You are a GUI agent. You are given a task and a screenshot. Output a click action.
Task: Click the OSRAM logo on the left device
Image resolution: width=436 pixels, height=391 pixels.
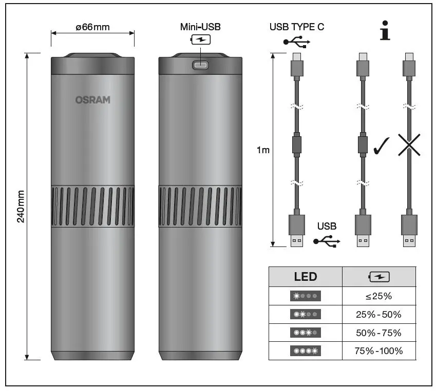coord(92,99)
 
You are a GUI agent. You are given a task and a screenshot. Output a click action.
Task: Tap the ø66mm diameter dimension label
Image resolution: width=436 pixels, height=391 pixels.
coord(92,27)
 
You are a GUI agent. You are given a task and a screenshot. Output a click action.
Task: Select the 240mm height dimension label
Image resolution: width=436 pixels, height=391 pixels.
coord(21,206)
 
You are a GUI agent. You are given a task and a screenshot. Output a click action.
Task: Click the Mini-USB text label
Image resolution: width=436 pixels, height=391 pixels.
coord(200,27)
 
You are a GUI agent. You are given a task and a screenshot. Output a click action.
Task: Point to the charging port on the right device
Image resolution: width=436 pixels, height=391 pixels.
coord(200,65)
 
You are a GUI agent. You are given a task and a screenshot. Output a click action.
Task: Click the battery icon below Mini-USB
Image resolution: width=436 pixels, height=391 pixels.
coord(201,40)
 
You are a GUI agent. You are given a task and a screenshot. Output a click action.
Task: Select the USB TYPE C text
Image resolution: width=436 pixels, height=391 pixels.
coord(297,27)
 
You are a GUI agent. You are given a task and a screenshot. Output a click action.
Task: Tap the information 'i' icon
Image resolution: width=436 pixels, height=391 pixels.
coord(384,32)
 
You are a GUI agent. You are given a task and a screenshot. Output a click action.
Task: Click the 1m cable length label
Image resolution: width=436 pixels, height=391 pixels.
coord(262,150)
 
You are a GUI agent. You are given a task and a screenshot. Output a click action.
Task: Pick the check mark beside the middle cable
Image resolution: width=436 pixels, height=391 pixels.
coord(382,146)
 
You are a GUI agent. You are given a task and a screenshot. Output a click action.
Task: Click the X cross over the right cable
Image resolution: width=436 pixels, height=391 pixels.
coord(409,146)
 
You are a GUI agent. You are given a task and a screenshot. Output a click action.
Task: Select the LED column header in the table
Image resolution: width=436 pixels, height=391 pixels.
coord(305,277)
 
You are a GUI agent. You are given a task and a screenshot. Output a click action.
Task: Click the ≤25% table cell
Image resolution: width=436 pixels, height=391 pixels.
coord(379,296)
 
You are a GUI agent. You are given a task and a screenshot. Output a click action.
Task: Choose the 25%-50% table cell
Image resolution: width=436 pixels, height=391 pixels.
coord(379,314)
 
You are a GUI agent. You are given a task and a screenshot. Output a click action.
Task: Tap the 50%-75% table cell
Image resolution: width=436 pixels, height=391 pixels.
coord(379,333)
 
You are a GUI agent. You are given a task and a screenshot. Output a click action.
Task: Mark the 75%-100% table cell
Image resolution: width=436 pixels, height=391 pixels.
coord(379,351)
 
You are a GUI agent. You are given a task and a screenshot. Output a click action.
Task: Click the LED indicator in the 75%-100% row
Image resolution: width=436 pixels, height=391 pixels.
coord(305,351)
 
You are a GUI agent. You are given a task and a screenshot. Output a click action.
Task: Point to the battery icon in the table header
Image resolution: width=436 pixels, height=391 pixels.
coord(379,277)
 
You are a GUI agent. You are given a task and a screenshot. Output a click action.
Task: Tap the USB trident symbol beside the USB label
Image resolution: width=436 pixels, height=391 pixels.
coord(327,240)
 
